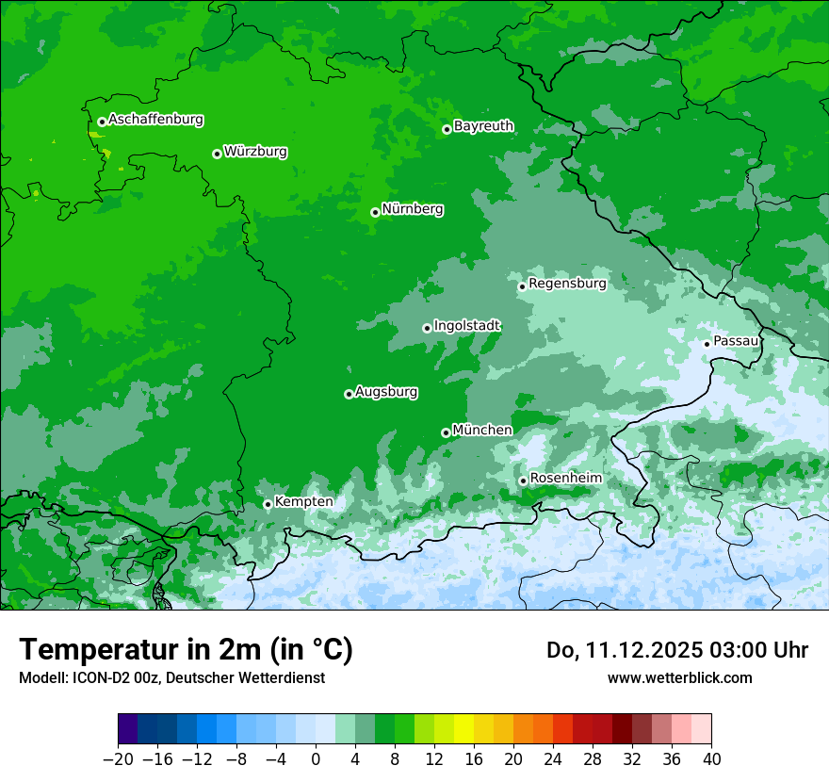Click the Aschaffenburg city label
[155, 120]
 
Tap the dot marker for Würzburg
[217, 154]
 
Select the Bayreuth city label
[483, 126]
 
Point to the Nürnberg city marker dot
[375, 212]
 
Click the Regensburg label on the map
[567, 284]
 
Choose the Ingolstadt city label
[466, 326]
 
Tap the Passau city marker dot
[707, 344]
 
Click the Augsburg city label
[386, 392]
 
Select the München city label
[482, 431]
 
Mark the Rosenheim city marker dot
[523, 481]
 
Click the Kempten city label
[303, 502]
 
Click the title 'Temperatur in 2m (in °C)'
[186, 650]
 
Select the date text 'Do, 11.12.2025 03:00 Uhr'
[676, 650]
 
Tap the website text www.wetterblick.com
[679, 677]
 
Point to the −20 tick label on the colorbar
[118, 759]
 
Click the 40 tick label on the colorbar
[711, 759]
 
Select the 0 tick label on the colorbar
[316, 759]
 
